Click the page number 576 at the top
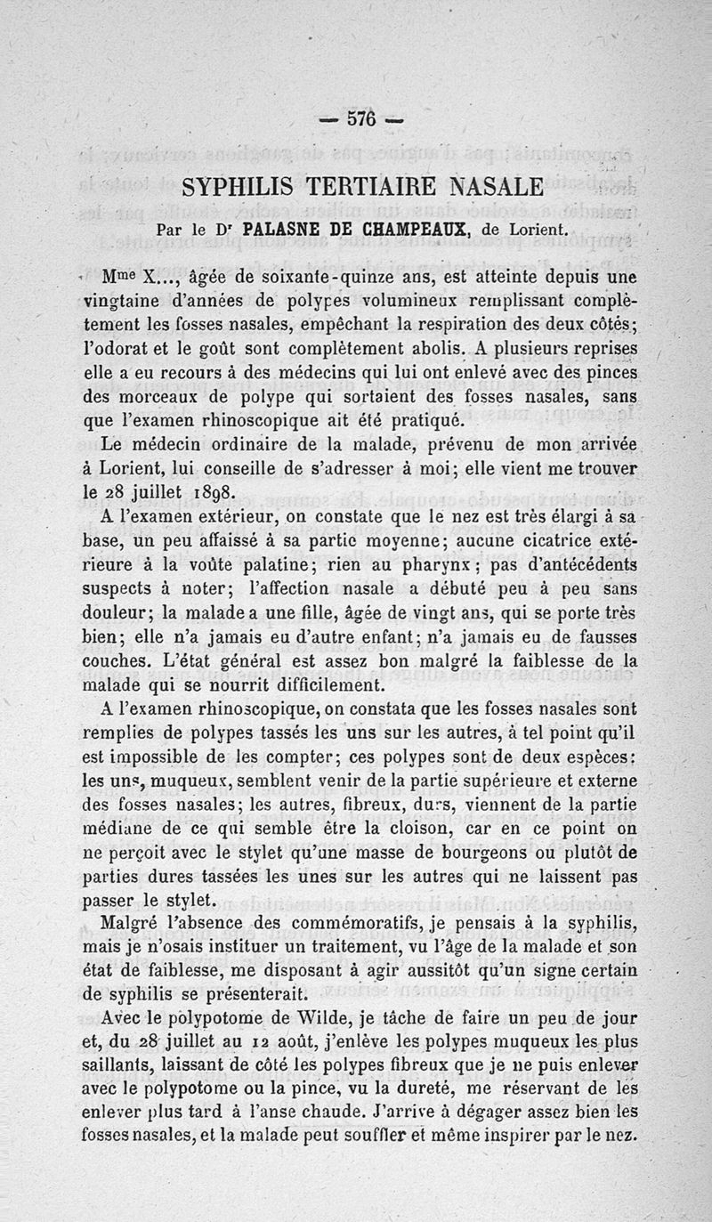point(360,119)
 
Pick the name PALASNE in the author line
point(283,229)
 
